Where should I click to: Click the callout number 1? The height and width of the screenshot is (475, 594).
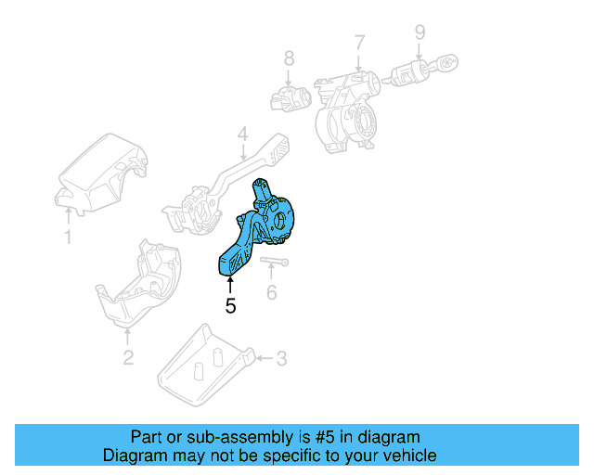[x=67, y=238]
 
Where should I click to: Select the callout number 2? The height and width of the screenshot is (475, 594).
[x=128, y=358]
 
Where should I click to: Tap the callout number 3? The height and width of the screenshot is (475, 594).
[x=282, y=357]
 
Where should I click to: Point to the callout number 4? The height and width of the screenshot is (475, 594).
[x=241, y=135]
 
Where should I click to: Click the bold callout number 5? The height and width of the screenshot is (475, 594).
[x=230, y=305]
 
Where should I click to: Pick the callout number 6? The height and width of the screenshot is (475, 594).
[x=271, y=293]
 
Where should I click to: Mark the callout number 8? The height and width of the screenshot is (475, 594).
[x=289, y=58]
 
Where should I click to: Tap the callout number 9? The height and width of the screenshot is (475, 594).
[x=420, y=32]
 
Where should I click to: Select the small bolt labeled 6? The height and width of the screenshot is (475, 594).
[x=273, y=263]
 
